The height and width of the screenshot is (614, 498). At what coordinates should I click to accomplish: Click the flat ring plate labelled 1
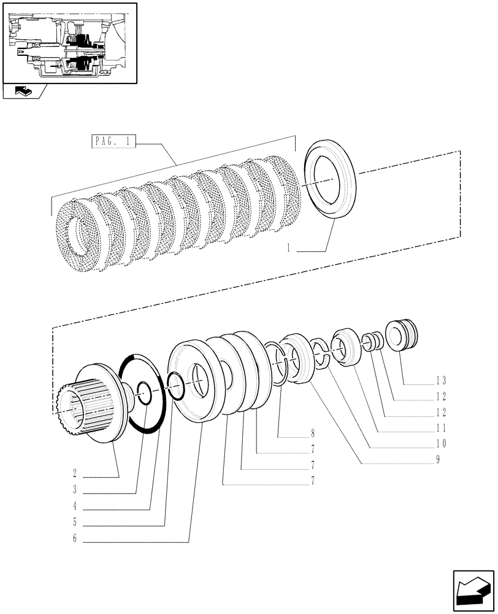331,179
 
